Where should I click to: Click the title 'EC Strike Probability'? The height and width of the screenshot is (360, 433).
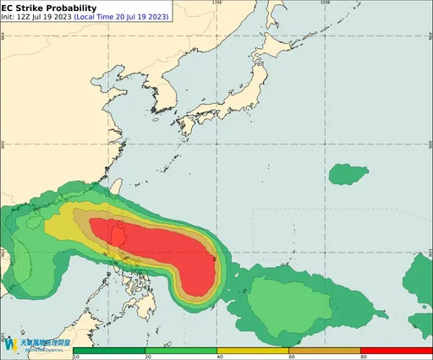coord(49,8)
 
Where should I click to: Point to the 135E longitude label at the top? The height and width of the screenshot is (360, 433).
coord(217,3)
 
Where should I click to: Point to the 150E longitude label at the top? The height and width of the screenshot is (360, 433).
coord(326,3)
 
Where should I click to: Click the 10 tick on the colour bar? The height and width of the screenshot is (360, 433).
coord(76,357)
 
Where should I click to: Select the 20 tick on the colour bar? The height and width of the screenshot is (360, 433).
coord(146,357)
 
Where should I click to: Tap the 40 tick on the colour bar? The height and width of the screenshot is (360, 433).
coord(217,357)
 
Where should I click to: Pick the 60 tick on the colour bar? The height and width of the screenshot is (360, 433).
coord(289,357)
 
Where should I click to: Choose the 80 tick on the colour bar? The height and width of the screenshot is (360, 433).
coord(361,357)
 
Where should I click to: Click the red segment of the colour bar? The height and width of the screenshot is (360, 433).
coord(396,349)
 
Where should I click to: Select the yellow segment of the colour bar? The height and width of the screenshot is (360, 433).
coord(253,349)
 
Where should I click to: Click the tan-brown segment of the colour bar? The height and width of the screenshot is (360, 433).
coord(325,349)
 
